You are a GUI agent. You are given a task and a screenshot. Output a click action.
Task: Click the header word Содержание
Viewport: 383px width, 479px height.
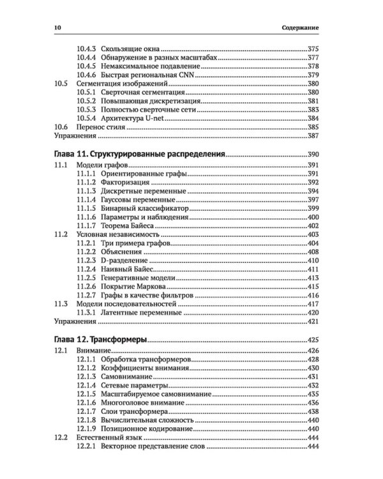click(299, 28)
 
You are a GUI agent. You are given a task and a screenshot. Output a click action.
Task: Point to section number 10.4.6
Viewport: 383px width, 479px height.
click(86, 75)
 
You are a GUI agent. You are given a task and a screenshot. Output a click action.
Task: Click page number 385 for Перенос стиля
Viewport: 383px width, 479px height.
click(313, 127)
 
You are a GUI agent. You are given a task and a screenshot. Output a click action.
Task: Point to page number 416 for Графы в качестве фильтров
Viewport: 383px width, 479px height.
click(313, 296)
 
